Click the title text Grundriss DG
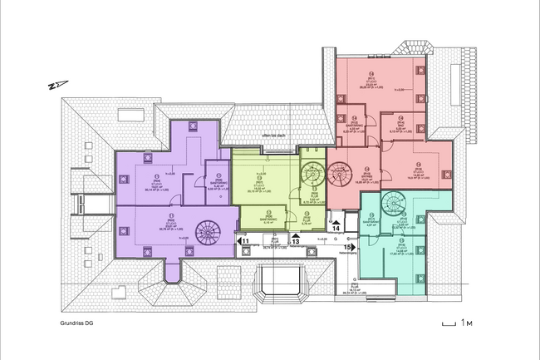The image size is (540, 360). coord(79,323)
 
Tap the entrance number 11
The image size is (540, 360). coord(245,241)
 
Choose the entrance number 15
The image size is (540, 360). coord(350,248)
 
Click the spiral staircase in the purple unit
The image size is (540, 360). coord(205,230)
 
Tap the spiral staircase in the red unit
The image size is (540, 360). coord(340,175)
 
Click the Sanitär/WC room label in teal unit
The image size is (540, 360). coord(373,222)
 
